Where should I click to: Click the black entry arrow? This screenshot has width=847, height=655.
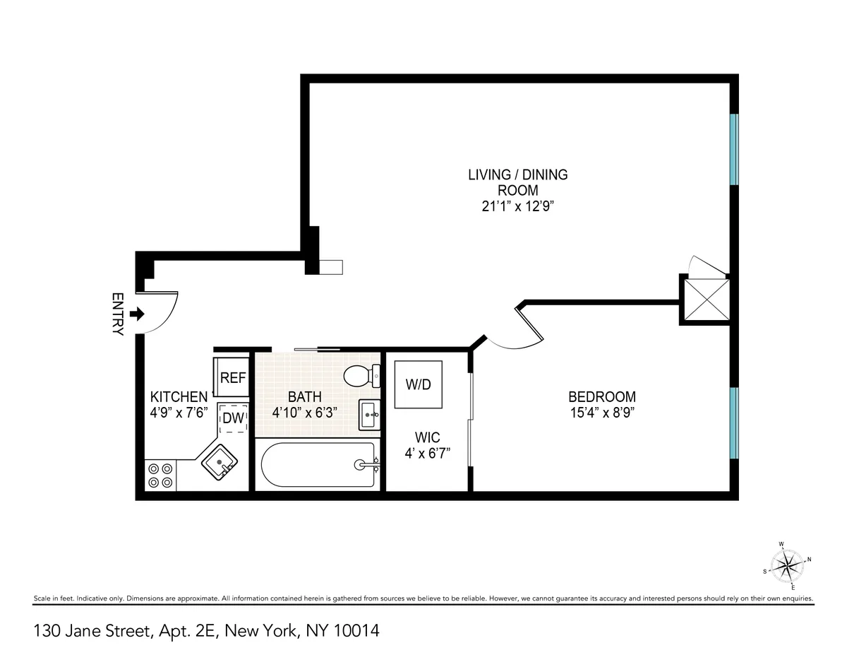pyautogui.click(x=138, y=313)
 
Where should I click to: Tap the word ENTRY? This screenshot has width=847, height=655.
pyautogui.click(x=118, y=314)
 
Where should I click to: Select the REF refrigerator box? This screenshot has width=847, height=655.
pyautogui.click(x=232, y=377)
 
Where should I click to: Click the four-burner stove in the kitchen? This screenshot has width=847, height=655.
pyautogui.click(x=160, y=475)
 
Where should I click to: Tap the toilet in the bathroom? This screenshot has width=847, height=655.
pyautogui.click(x=361, y=376)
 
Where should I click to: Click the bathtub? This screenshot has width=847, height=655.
pyautogui.click(x=318, y=464)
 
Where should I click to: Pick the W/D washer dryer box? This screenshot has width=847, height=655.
pyautogui.click(x=418, y=384)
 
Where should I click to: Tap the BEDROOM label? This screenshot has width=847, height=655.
pyautogui.click(x=601, y=397)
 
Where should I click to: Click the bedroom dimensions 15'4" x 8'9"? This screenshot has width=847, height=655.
pyautogui.click(x=601, y=413)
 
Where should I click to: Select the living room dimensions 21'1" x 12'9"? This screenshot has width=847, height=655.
pyautogui.click(x=517, y=206)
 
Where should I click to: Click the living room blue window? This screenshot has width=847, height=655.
pyautogui.click(x=734, y=149)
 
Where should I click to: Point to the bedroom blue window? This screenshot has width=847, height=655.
pyautogui.click(x=734, y=422)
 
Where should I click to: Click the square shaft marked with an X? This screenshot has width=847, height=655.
pyautogui.click(x=703, y=299)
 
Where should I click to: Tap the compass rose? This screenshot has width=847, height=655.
pyautogui.click(x=786, y=565)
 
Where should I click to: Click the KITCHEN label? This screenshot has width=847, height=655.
pyautogui.click(x=179, y=397)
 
